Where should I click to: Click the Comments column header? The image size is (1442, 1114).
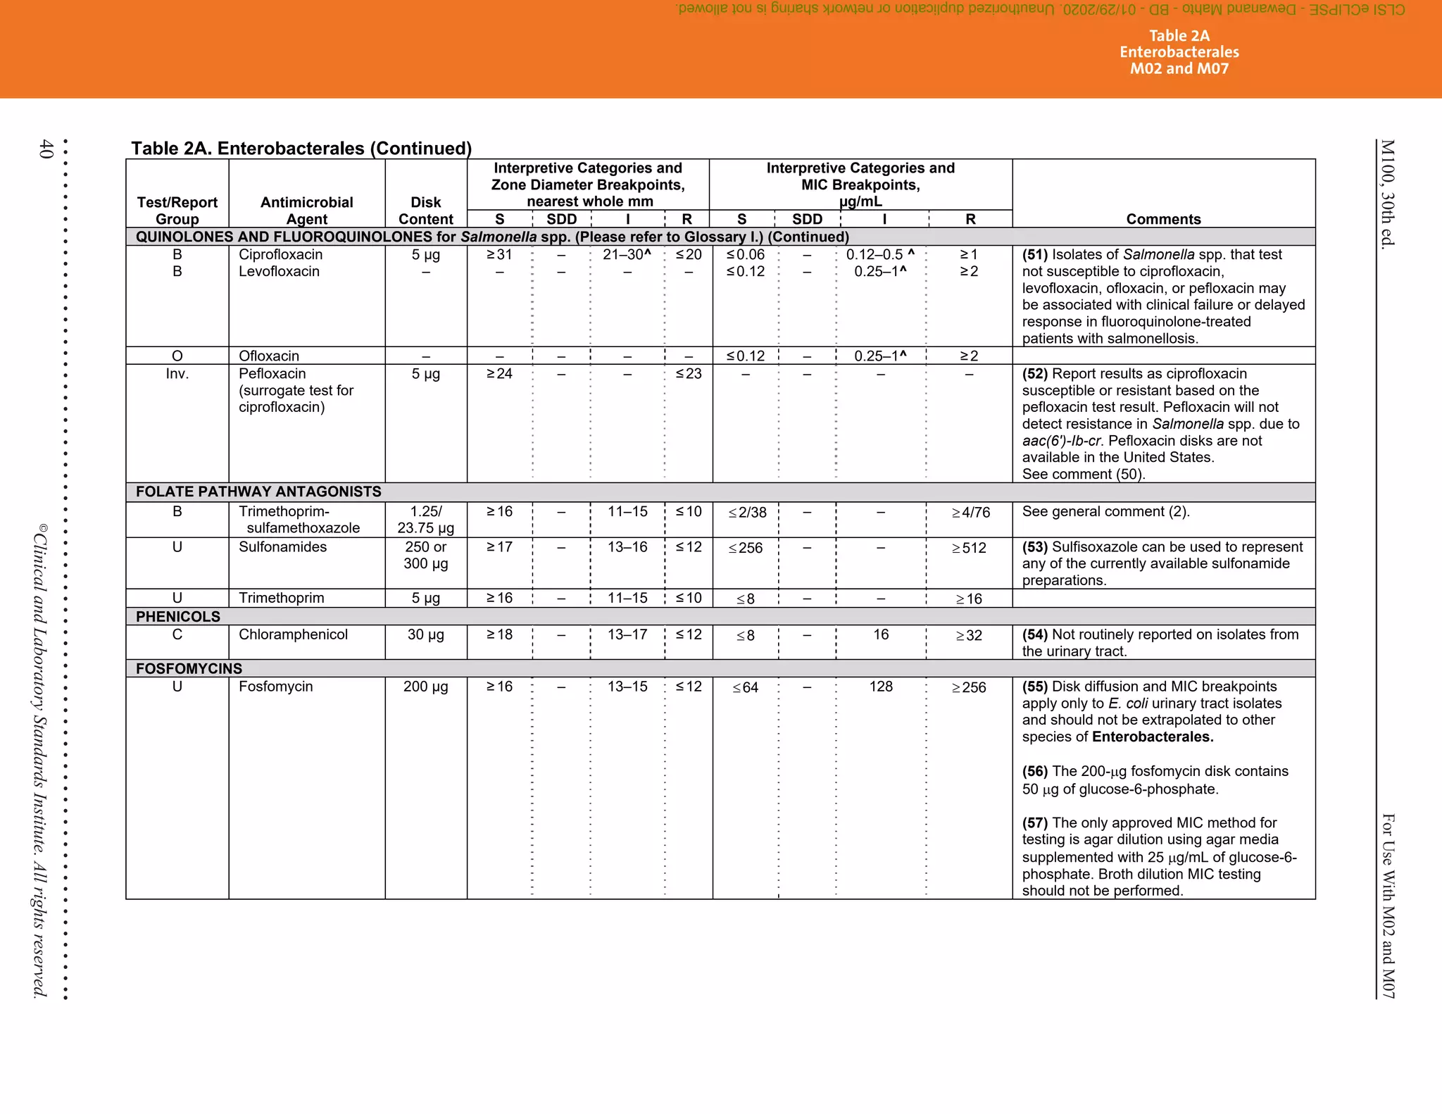[x=1163, y=219]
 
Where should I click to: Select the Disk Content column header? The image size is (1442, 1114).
[x=425, y=211]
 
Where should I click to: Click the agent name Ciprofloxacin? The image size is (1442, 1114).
[x=280, y=254]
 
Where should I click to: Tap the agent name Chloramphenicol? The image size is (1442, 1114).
[x=293, y=634]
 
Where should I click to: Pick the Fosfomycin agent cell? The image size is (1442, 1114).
[x=275, y=687]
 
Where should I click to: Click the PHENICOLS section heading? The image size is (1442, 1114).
[x=178, y=617]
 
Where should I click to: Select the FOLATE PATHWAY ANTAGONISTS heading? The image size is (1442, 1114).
[x=258, y=492]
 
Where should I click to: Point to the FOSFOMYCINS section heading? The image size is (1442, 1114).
[x=189, y=668]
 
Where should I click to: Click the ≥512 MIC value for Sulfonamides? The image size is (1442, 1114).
[x=969, y=548]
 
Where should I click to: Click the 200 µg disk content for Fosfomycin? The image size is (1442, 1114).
[x=425, y=687]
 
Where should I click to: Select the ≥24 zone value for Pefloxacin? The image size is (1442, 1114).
[x=499, y=374]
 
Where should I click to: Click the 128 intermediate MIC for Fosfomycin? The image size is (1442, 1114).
[x=881, y=687]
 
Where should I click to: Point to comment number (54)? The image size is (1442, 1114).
[x=1035, y=634]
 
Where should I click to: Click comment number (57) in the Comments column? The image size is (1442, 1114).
[x=1035, y=822]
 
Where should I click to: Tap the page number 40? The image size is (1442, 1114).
[x=46, y=149]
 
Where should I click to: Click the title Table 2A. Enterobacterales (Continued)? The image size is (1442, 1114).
[x=301, y=149]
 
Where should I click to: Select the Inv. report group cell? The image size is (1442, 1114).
[x=177, y=374]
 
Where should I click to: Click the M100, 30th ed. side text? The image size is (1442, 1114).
[x=1387, y=194]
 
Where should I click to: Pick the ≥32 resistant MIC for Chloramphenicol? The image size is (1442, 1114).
[x=969, y=635]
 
